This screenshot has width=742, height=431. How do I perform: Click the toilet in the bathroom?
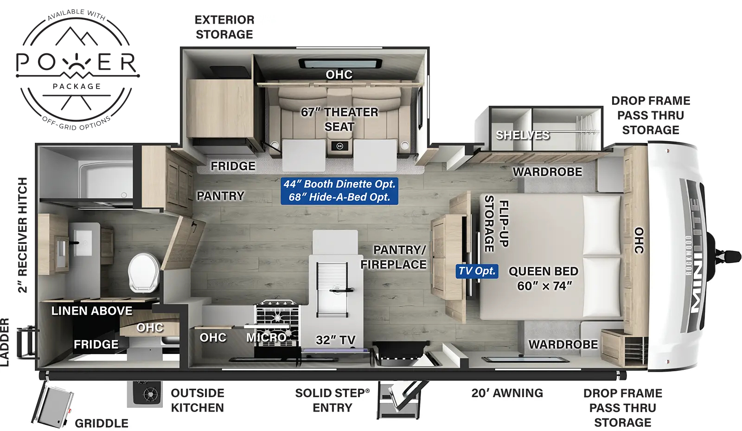click(144, 273)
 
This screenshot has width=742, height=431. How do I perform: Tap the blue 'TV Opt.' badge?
click(477, 271)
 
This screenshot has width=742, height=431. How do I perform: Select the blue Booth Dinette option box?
click(339, 191)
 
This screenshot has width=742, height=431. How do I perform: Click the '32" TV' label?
click(335, 340)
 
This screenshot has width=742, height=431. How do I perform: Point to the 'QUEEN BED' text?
click(543, 271)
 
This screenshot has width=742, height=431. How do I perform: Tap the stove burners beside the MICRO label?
click(277, 314)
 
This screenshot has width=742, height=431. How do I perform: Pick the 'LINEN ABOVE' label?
click(92, 311)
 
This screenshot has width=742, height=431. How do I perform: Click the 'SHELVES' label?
click(523, 135)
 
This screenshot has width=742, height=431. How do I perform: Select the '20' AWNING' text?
click(507, 393)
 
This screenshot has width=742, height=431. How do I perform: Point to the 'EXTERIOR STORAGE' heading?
click(224, 27)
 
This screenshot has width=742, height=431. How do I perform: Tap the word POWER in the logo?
click(77, 62)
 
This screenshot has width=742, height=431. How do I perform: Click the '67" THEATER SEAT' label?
click(339, 119)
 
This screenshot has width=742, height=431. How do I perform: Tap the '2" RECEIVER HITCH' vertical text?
click(22, 235)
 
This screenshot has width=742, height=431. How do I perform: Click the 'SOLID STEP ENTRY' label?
click(332, 400)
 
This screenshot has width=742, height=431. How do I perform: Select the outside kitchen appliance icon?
click(145, 394)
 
